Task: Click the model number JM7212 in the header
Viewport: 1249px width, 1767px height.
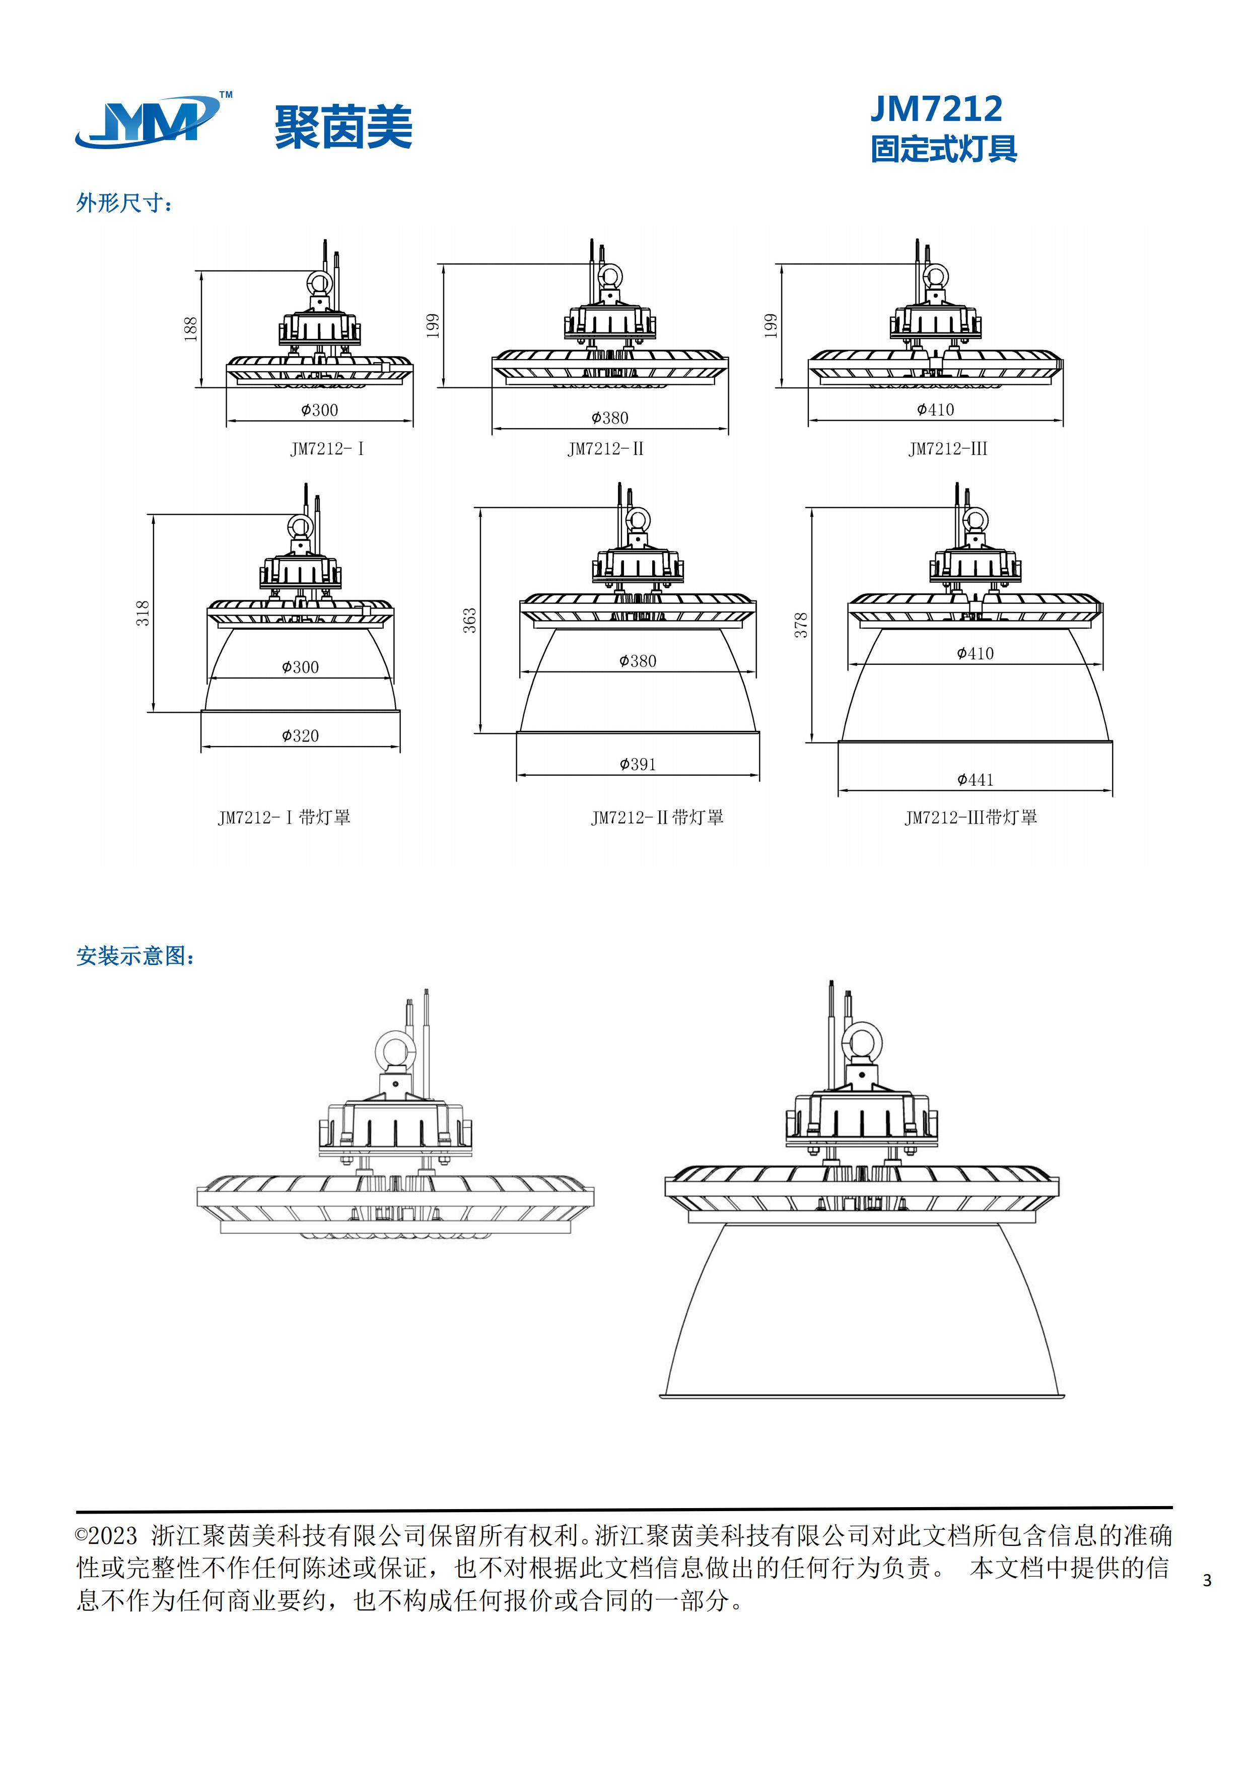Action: (x=936, y=109)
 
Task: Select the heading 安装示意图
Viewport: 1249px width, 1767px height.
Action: (x=134, y=956)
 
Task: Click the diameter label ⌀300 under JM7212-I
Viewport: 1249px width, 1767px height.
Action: (x=319, y=410)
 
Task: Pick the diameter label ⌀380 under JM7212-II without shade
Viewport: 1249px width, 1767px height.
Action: (x=609, y=418)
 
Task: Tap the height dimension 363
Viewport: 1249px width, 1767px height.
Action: (x=469, y=620)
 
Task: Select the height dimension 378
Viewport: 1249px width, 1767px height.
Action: (x=801, y=625)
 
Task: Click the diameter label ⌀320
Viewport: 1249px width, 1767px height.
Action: (x=300, y=736)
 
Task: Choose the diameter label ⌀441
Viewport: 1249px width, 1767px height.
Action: (x=975, y=780)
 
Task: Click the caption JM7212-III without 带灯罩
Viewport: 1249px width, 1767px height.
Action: (x=947, y=449)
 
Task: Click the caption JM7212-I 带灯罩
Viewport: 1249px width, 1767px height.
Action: (x=284, y=818)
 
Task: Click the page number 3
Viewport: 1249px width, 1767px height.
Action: (x=1207, y=1580)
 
